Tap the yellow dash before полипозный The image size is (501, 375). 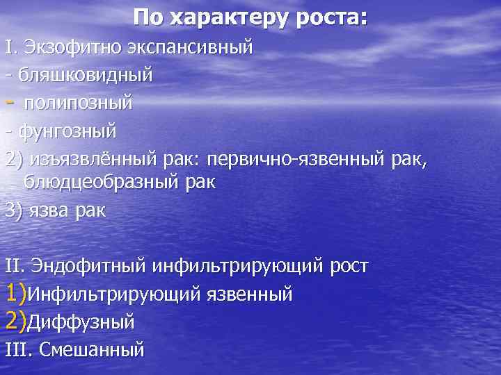pos(9,102)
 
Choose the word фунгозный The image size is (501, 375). pos(66,130)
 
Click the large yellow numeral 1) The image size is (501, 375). pos(15,292)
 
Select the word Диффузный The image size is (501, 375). pos(81,322)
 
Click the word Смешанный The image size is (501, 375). pos(92,349)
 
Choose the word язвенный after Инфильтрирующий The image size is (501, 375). pos(250,294)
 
